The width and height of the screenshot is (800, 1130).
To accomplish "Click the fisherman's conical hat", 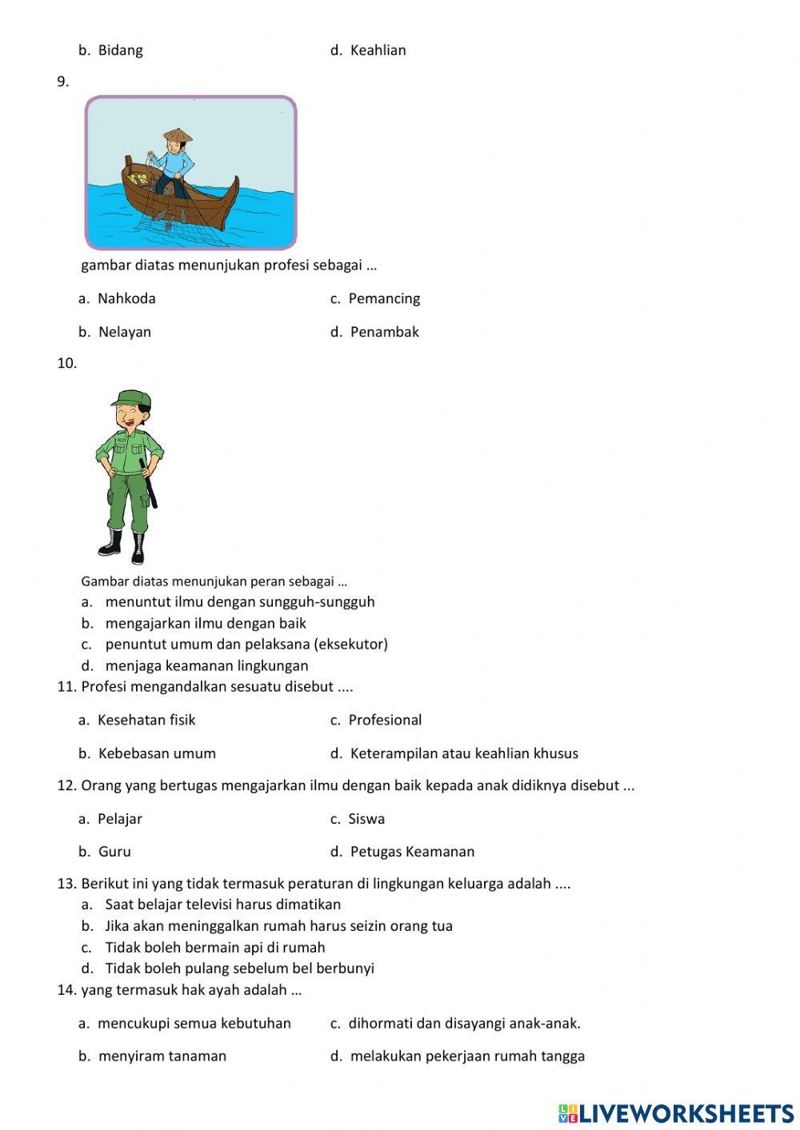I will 178,135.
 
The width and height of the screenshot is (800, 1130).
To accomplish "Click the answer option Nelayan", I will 124,332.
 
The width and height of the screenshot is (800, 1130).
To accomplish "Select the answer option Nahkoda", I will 126,298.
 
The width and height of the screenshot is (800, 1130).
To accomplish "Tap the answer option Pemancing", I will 383,298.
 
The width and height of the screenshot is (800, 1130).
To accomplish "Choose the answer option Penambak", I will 384,332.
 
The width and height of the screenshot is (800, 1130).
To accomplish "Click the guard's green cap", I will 130,397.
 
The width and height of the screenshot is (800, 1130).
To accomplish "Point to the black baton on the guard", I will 149,483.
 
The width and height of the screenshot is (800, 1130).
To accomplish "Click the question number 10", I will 66,363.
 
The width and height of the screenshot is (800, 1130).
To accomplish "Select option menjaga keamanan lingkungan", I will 206,665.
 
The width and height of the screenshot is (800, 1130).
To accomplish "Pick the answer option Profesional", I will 384,720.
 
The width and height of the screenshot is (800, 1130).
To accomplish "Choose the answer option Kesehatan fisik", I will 146,720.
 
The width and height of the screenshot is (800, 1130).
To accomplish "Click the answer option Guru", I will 114,852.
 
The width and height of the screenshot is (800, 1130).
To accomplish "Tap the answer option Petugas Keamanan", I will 412,852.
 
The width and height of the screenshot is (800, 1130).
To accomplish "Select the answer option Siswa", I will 366,819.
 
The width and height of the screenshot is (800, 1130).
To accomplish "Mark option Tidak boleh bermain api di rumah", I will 214,948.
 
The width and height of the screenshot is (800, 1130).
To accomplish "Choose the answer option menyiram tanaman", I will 162,1056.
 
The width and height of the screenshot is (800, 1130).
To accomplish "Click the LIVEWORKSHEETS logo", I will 676,1112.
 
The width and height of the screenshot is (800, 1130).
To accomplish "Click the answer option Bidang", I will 120,50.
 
